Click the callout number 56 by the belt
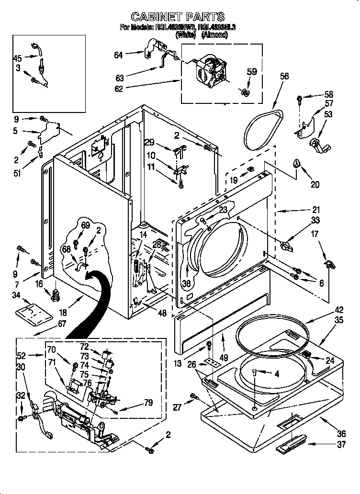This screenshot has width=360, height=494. (x=284, y=76)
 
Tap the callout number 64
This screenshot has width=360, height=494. (x=118, y=55)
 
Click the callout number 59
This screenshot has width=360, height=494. (x=251, y=72)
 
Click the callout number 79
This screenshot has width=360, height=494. (x=148, y=403)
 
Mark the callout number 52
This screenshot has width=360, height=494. (x=21, y=356)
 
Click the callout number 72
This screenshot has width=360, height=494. (x=84, y=346)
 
